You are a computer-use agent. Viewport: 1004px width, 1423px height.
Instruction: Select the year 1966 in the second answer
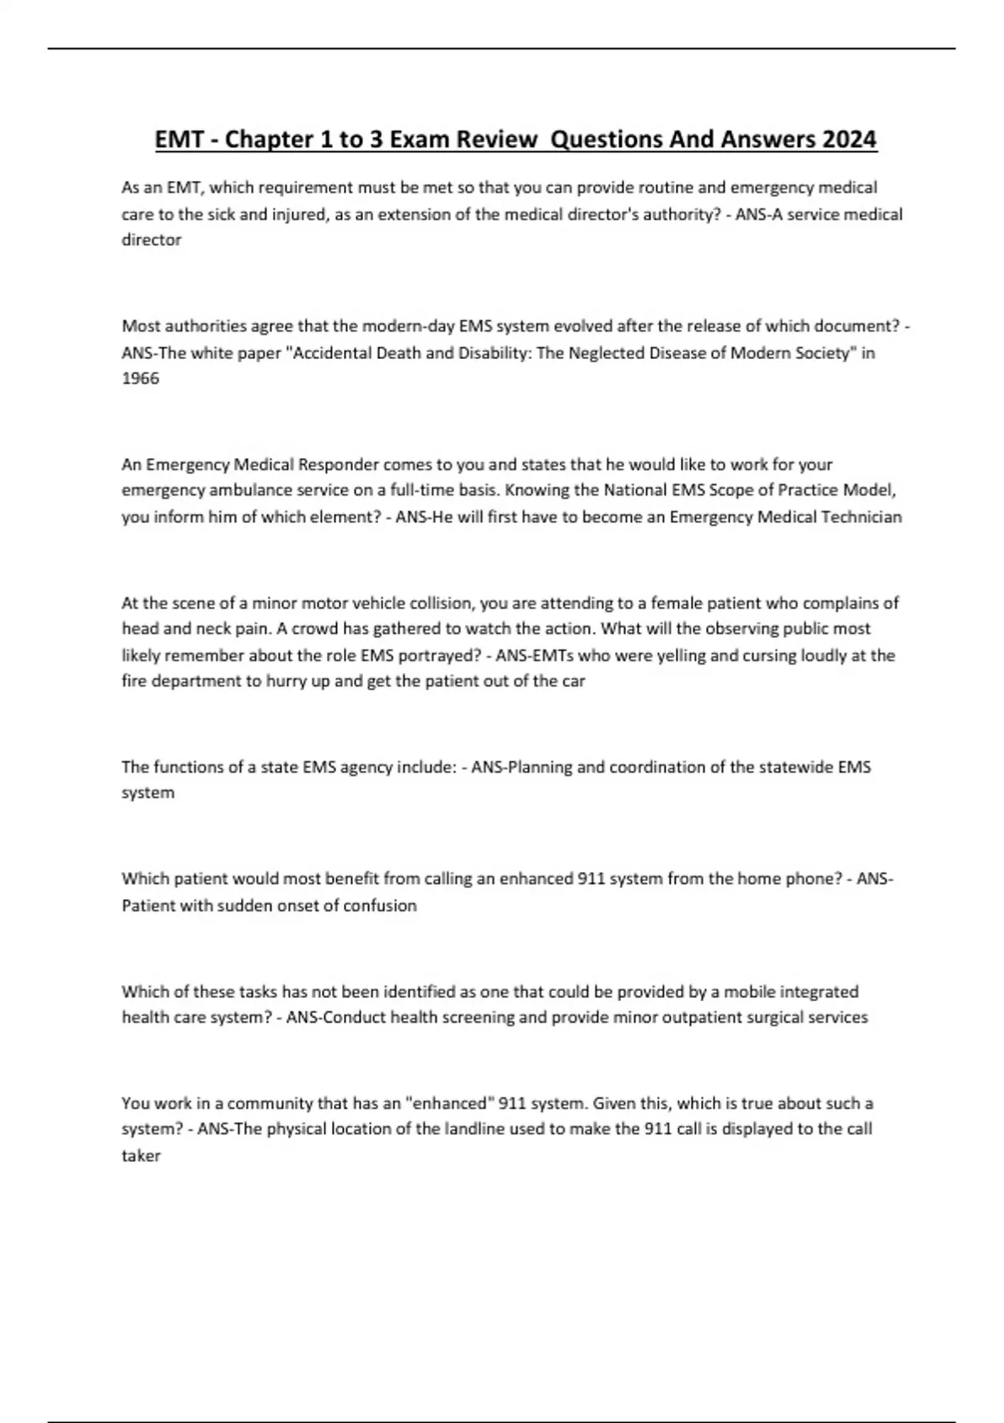tap(140, 378)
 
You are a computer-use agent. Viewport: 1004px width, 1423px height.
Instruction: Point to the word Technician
tap(861, 516)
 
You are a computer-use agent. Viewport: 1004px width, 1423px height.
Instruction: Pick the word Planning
tap(540, 767)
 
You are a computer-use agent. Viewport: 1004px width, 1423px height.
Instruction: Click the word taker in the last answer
tap(141, 1156)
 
